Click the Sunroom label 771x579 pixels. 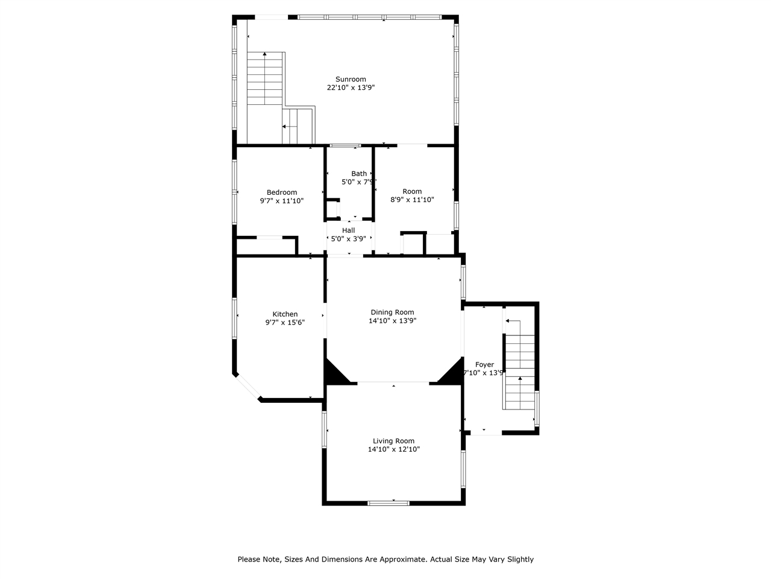[351, 79]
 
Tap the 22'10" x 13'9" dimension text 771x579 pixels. [351, 87]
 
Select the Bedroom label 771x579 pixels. [282, 192]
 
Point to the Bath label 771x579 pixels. [359, 174]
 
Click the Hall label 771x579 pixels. [348, 230]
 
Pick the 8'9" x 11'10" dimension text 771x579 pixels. [412, 200]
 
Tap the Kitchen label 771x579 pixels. [285, 314]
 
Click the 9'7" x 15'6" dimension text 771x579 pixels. [285, 323]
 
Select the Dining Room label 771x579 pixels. [392, 312]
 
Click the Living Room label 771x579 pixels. [393, 441]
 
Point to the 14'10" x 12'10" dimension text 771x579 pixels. [393, 449]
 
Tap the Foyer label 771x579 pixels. [484, 365]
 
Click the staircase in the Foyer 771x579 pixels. [519, 368]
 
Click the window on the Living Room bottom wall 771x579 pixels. [389, 502]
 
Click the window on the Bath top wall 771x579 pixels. [345, 145]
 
